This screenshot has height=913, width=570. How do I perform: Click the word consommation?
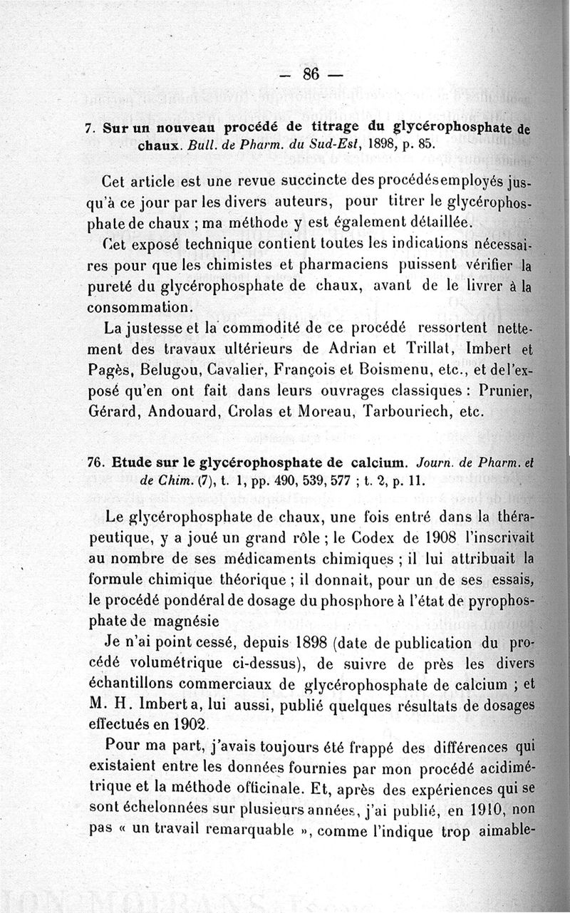point(139,307)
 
